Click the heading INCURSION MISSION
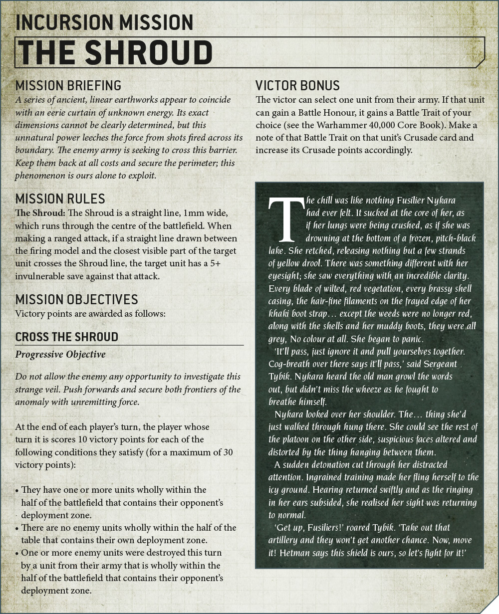pos(104,22)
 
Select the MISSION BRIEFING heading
pos(68,85)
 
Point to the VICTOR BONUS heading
pos(297,85)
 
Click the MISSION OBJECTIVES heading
pos(76,299)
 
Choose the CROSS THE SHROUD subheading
pos(66,337)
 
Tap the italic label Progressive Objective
pos(60,355)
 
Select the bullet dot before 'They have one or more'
pos(17,490)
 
